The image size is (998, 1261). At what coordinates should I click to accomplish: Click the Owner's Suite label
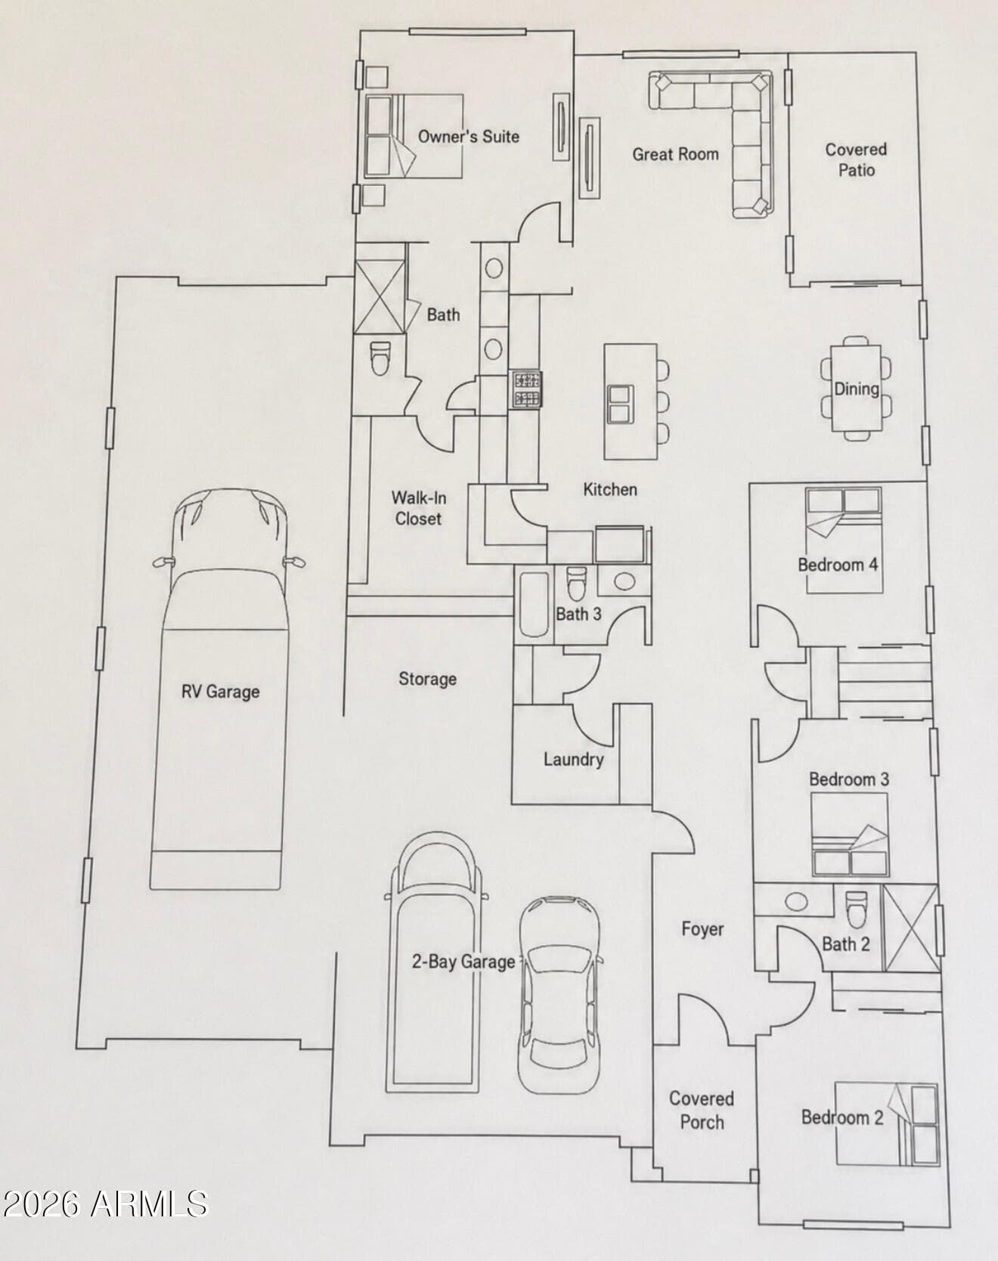(469, 137)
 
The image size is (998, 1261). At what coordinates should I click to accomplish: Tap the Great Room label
(675, 154)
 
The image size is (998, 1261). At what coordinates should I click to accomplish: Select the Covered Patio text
(856, 160)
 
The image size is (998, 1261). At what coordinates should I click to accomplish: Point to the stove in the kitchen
(527, 389)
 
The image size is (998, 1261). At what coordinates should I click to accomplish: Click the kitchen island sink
(620, 403)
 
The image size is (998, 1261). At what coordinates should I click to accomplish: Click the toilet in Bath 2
(857, 909)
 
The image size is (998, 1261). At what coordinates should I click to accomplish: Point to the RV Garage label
(220, 692)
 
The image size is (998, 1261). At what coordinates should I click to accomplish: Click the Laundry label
(573, 759)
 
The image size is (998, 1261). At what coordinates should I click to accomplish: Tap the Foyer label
(702, 929)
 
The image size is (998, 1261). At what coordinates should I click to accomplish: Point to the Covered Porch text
(702, 1110)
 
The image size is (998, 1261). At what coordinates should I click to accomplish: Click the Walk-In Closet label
(418, 508)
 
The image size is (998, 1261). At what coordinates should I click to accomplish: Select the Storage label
(427, 679)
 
